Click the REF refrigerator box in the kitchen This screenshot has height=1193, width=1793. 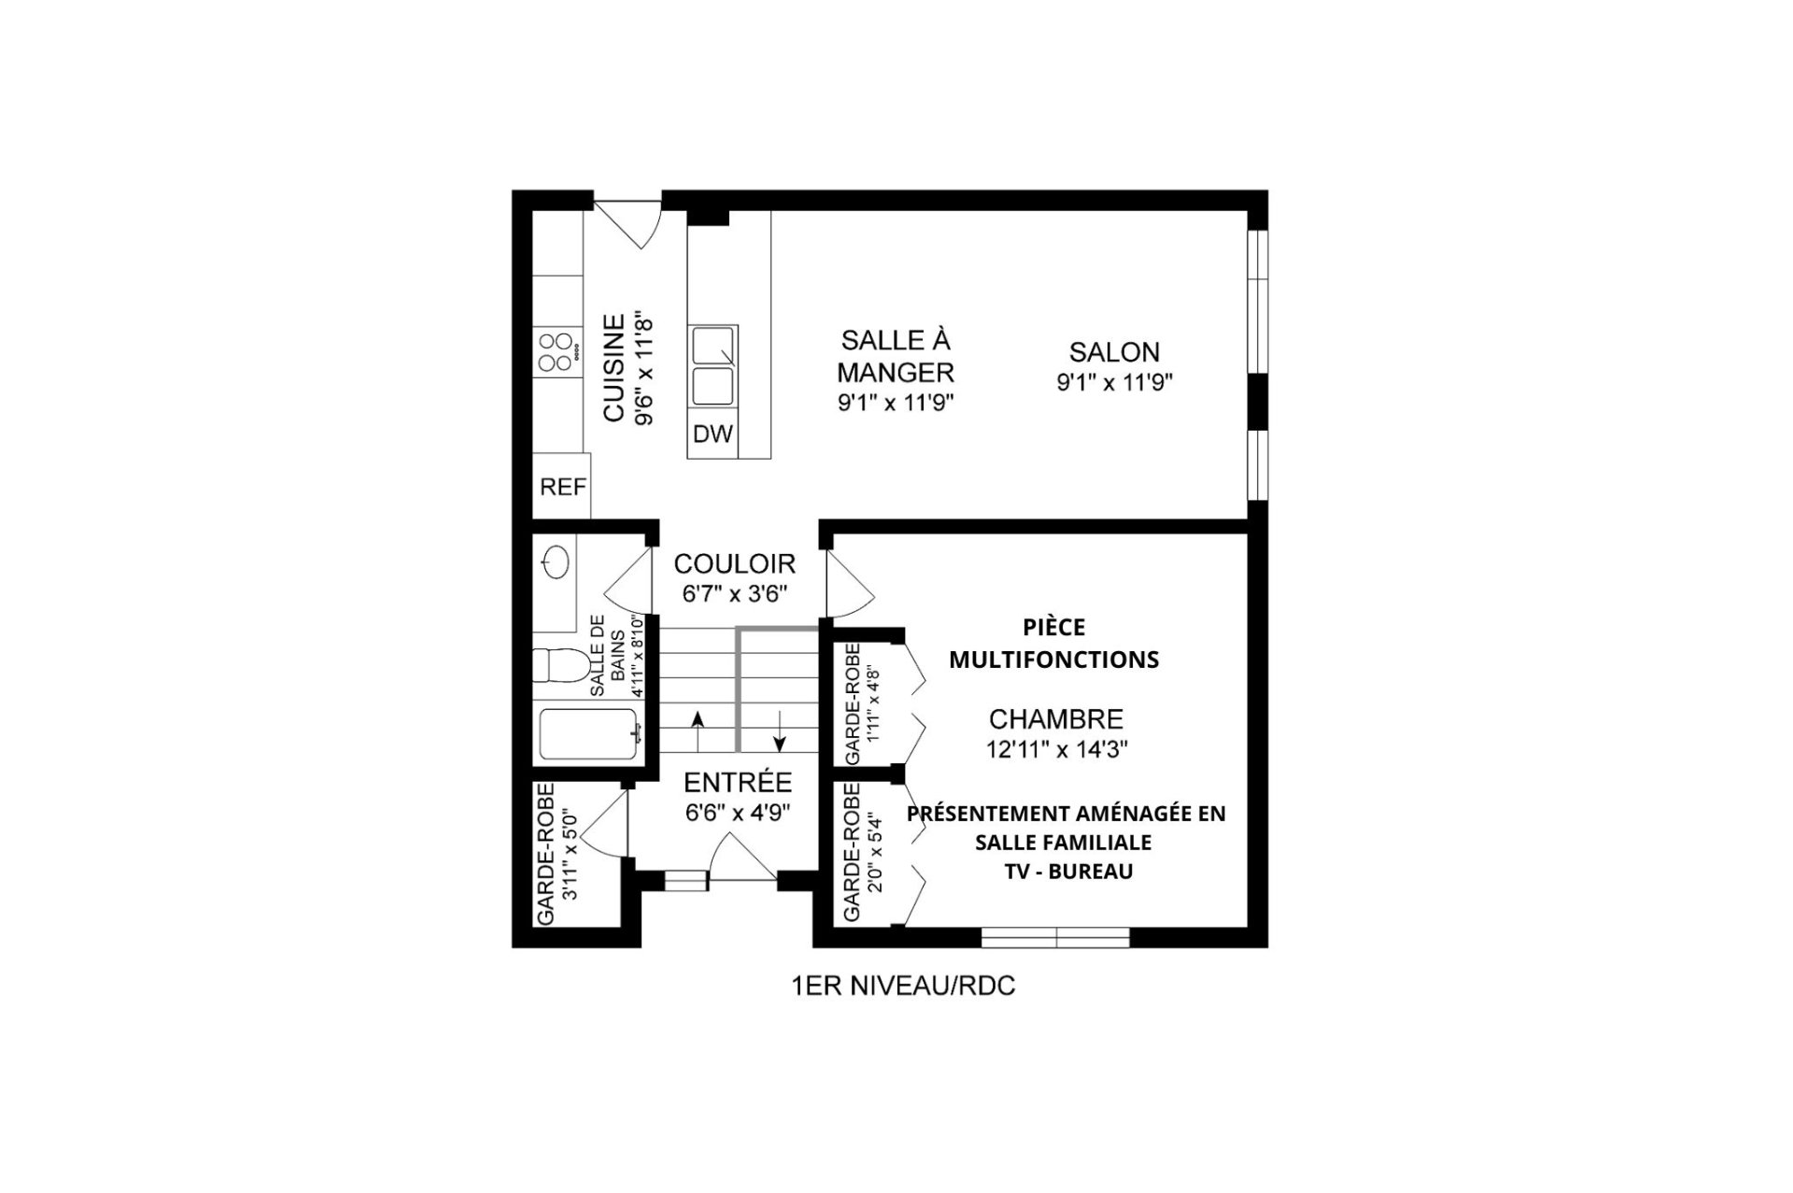coord(561,486)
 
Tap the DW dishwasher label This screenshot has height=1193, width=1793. coord(713,434)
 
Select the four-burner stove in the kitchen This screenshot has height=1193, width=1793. coord(558,352)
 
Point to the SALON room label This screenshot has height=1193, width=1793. coord(1114,352)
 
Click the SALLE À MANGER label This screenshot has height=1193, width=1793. coord(895,356)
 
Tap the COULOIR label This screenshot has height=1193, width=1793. coord(734,564)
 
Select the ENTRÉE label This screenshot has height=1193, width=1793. coord(738,783)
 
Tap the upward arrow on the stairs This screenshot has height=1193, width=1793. coord(697,731)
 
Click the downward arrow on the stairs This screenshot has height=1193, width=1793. coord(780,731)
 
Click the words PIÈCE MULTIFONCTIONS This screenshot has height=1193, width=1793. coord(1054,644)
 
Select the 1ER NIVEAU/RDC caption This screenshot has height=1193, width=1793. coord(902,987)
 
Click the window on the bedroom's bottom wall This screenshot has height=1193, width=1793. coord(1055,937)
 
